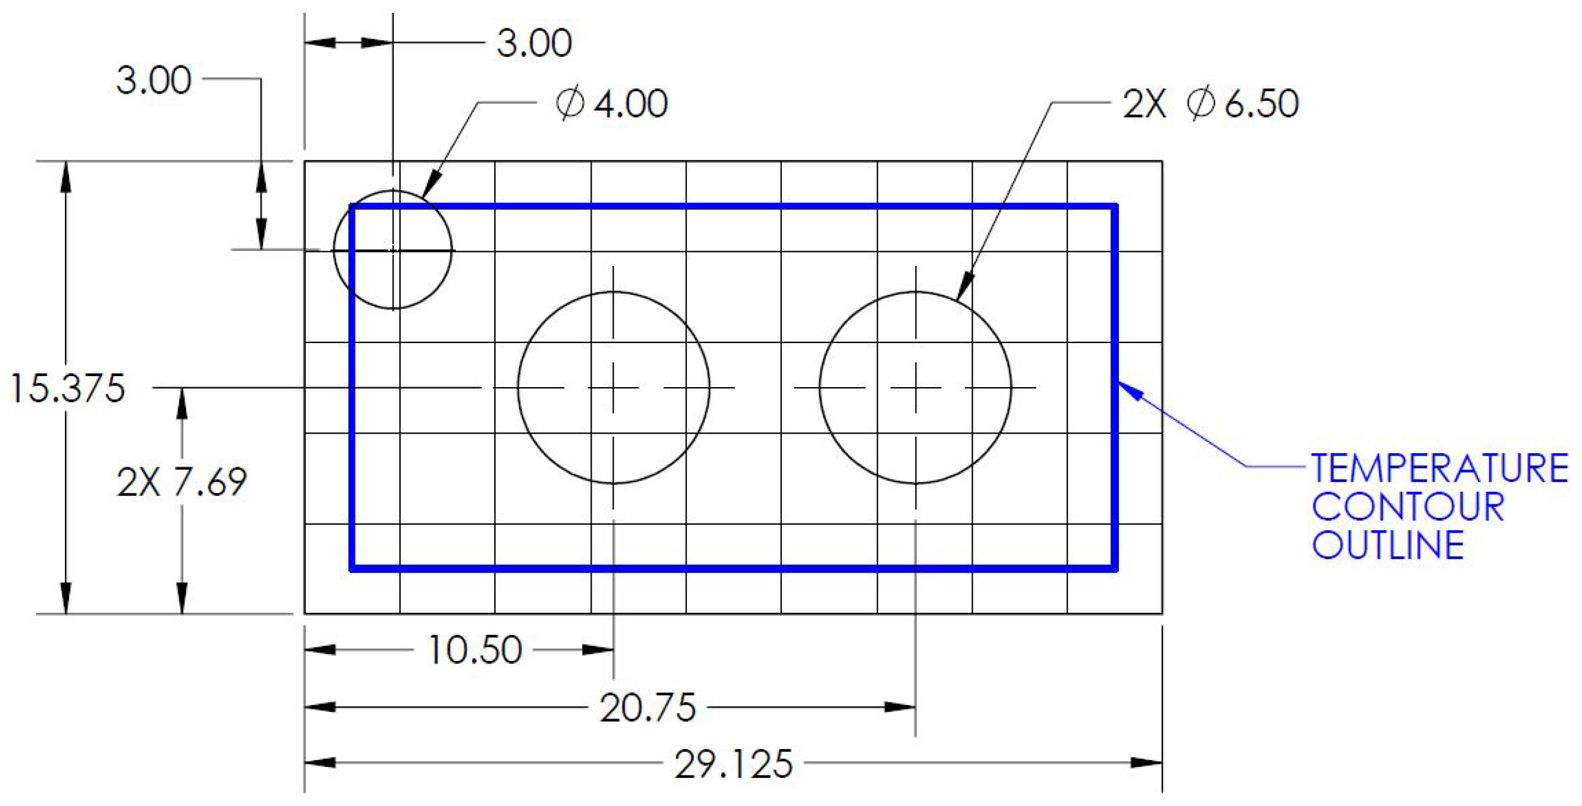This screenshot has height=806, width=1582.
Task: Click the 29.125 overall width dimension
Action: pos(733,764)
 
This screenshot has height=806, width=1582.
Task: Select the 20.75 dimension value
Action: pos(647,708)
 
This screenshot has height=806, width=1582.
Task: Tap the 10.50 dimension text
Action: pos(475,650)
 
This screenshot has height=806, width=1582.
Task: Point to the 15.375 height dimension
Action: pos(67,388)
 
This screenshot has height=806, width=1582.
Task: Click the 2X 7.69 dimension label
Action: pos(182,482)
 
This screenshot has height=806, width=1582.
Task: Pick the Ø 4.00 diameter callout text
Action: pos(612,103)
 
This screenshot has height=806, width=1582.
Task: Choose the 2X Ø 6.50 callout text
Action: pos(1211,103)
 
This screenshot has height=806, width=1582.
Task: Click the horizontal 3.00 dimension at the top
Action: pos(533,43)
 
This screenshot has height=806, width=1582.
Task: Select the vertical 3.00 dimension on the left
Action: pos(154,80)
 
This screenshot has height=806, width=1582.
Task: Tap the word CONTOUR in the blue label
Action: pos(1408,506)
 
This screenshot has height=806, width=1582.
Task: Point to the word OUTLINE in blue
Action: pos(1388,545)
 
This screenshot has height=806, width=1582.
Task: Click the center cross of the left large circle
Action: pos(613,388)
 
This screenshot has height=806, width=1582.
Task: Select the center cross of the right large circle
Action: pos(915,388)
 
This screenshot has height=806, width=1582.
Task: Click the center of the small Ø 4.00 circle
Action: pos(393,250)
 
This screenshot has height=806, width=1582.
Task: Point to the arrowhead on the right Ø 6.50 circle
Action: pos(965,287)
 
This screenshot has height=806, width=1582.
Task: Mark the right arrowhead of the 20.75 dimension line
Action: pos(900,707)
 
